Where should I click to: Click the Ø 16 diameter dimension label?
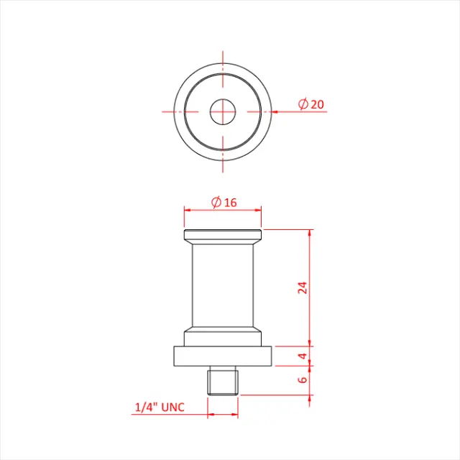224,202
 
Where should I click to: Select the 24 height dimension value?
303,287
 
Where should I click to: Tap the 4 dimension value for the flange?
303,356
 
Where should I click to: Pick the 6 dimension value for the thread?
303,379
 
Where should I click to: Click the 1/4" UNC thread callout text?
160,408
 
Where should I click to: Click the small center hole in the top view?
223,111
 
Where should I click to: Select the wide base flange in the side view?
223,356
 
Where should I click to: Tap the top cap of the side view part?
223,235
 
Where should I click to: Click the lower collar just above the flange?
223,338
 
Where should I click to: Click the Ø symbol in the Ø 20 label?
303,104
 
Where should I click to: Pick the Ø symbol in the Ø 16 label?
216,202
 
